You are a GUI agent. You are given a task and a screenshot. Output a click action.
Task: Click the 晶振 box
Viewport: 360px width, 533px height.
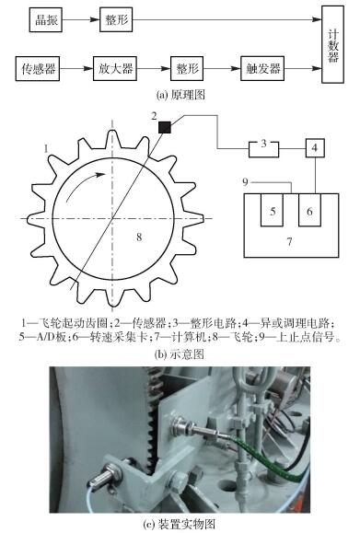pyautogui.click(x=45, y=20)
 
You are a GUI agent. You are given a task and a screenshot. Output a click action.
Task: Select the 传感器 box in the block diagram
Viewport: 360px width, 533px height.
pyautogui.click(x=38, y=69)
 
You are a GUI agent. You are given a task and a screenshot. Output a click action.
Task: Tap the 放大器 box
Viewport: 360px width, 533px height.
pyautogui.click(x=115, y=69)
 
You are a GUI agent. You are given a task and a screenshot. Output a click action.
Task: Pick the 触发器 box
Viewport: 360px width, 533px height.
pyautogui.click(x=262, y=69)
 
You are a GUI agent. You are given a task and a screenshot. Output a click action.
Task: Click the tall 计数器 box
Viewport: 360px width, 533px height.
pyautogui.click(x=332, y=45)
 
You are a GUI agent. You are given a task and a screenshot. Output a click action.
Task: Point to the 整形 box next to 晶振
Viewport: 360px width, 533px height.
pyautogui.click(x=116, y=20)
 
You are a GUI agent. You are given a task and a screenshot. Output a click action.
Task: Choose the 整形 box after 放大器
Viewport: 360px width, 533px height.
pyautogui.click(x=187, y=69)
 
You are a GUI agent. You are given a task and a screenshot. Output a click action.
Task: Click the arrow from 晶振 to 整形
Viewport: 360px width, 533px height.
pyautogui.click(x=81, y=20)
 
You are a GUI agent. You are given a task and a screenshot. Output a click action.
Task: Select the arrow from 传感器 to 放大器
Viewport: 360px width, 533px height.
pyautogui.click(x=76, y=69)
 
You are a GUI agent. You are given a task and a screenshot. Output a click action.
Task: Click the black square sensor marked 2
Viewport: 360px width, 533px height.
pyautogui.click(x=165, y=127)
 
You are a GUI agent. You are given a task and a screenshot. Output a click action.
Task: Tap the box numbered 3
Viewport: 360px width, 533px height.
pyautogui.click(x=264, y=149)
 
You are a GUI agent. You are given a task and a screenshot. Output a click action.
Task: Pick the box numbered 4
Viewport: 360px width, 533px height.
pyautogui.click(x=315, y=148)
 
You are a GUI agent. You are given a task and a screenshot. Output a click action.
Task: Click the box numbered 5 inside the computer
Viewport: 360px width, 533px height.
pyautogui.click(x=272, y=210)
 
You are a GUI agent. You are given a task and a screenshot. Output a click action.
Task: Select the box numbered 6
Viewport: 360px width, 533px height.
pyautogui.click(x=309, y=210)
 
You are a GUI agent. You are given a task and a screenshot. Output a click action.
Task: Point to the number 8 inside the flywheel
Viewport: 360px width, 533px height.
pyautogui.click(x=139, y=237)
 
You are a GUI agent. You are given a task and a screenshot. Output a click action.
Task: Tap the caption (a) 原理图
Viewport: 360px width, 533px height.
pyautogui.click(x=180, y=94)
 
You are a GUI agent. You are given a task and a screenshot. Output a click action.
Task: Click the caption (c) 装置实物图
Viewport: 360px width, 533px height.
pyautogui.click(x=180, y=524)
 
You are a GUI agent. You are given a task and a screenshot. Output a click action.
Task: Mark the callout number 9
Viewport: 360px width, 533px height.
pyautogui.click(x=246, y=182)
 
